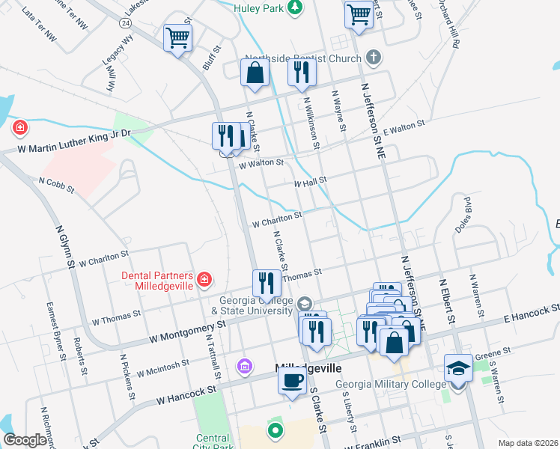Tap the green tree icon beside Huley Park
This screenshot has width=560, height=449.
pos(296,7)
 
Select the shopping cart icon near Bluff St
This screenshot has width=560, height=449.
pos(177,37)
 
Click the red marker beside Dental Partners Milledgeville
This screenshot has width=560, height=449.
pos(204,281)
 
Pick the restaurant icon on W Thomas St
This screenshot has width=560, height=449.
pos(266,283)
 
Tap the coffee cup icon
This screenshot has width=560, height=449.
pos(292,379)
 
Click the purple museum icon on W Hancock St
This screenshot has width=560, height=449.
pos(244,367)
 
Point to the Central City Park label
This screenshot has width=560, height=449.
pos(213,443)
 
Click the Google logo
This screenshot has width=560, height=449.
pos(25,440)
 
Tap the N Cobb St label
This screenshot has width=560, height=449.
pos(57,184)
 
